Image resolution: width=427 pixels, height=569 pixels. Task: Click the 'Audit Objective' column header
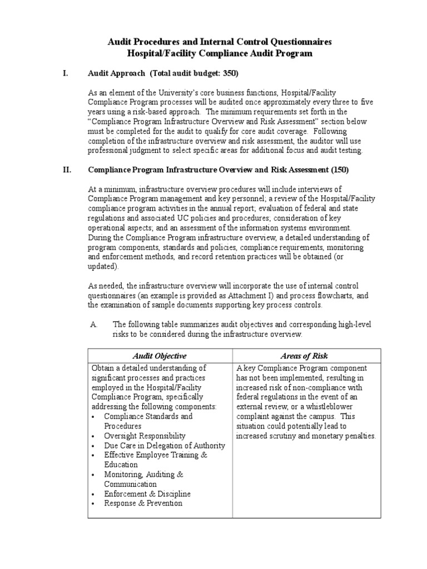tap(160, 356)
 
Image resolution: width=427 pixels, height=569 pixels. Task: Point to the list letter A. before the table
tap(93, 325)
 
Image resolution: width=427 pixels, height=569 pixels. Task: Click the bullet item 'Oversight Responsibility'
tap(145, 436)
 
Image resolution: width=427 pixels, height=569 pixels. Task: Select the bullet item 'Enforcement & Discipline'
tap(147, 494)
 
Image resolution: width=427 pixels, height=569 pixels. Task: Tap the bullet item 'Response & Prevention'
tap(143, 503)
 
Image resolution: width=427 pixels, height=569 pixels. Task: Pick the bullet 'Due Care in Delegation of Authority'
tap(164, 446)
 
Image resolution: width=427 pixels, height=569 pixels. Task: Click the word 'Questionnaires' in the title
tap(306, 42)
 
